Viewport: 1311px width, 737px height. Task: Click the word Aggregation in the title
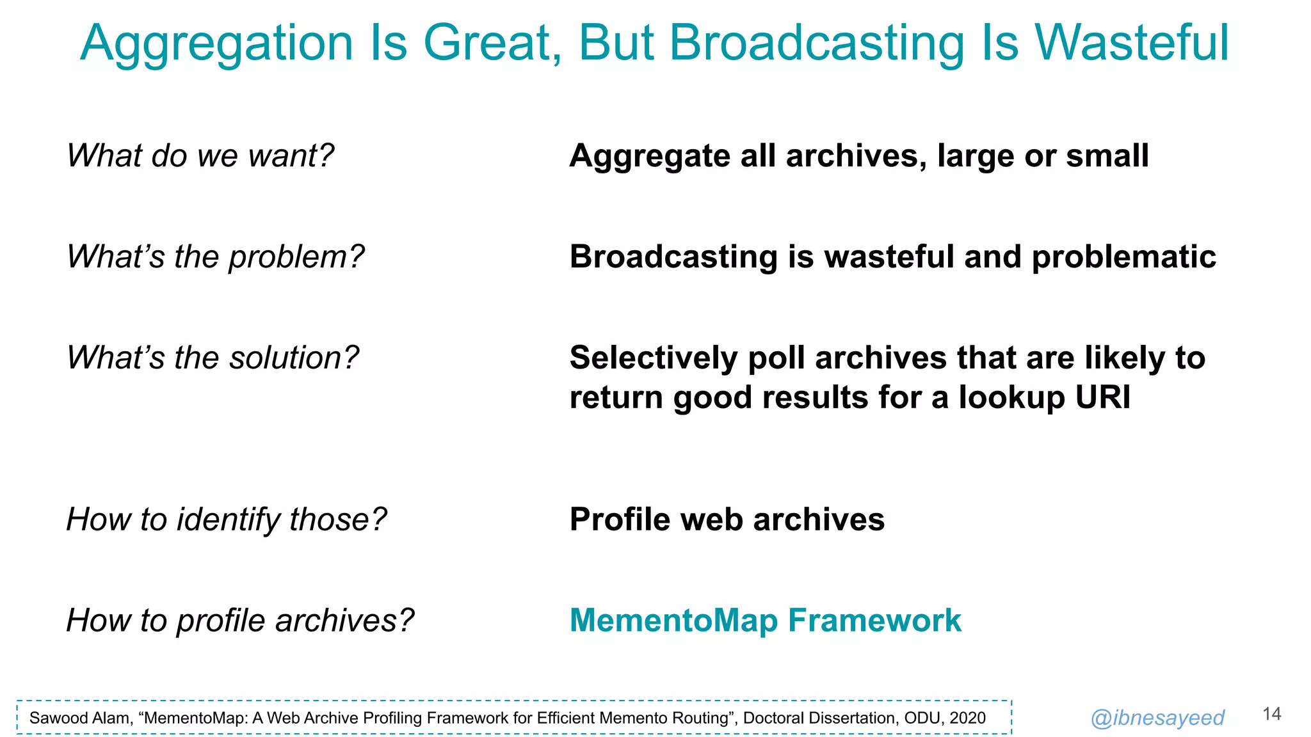[x=216, y=44]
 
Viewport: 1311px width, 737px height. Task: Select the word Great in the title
[x=492, y=44]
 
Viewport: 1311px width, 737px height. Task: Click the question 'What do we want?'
[x=200, y=155]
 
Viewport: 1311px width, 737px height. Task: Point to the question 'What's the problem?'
[x=215, y=257]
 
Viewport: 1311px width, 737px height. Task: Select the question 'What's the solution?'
[x=213, y=358]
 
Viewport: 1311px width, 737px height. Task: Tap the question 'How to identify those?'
[x=227, y=519]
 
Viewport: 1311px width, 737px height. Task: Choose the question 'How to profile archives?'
[x=240, y=620]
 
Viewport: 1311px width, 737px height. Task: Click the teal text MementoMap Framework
[x=765, y=620]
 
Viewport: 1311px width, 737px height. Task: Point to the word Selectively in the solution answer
[x=653, y=358]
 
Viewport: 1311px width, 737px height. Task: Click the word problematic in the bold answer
[x=1123, y=257]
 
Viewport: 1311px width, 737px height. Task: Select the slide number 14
[x=1271, y=714]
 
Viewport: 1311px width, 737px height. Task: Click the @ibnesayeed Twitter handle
[x=1157, y=718]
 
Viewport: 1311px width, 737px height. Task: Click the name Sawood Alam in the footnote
[x=79, y=718]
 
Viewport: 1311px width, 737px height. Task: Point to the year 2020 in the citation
[x=967, y=718]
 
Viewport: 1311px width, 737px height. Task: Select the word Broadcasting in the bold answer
[x=673, y=257]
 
